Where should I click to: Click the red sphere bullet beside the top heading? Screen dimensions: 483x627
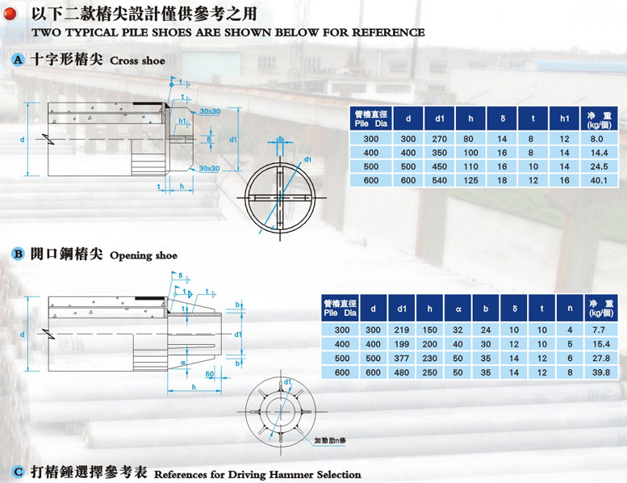[10, 14]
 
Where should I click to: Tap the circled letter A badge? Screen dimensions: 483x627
[17, 60]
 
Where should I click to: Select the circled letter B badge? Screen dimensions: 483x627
[17, 254]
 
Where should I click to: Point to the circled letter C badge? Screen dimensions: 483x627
[17, 472]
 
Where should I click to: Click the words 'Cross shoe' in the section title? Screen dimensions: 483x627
[137, 61]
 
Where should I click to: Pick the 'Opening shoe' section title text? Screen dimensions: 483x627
[143, 256]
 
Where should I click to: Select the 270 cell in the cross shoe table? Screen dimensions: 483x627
[441, 139]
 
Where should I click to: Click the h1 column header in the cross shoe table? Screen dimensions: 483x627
[565, 119]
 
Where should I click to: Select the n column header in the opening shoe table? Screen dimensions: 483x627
[570, 308]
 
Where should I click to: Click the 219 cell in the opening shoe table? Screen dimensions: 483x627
[401, 330]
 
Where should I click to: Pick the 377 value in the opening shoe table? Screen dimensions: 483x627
[401, 357]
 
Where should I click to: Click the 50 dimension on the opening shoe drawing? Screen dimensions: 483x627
[210, 375]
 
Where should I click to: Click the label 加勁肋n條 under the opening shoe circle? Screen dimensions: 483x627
[330, 441]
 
